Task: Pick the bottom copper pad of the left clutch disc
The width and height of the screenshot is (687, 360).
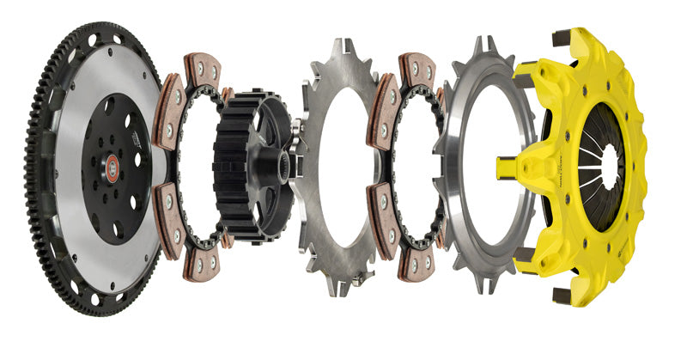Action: click(204, 264)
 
